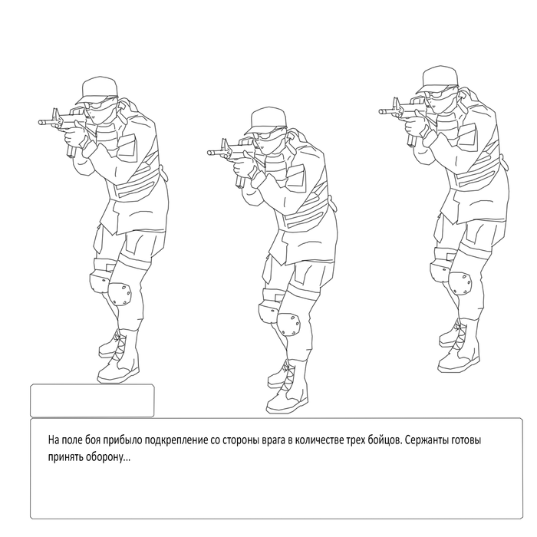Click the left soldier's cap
(x=98, y=90)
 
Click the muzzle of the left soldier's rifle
(x=41, y=121)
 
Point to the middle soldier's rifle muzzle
(x=210, y=153)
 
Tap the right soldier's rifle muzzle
(x=382, y=111)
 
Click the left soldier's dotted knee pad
(x=120, y=294)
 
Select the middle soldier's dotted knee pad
(x=288, y=325)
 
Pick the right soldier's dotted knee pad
(x=460, y=284)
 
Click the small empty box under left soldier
(x=92, y=400)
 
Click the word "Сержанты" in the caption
(x=426, y=440)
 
